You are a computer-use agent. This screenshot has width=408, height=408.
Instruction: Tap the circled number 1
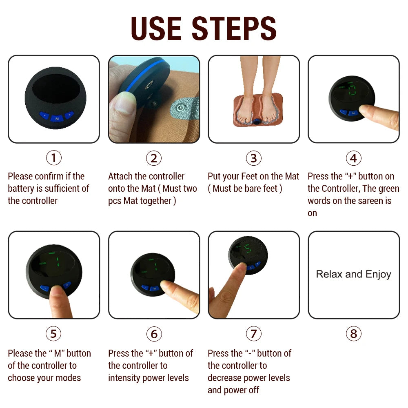(x=53, y=158)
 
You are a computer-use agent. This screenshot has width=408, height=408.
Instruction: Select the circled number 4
(x=353, y=158)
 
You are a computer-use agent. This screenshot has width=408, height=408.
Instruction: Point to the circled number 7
(x=253, y=334)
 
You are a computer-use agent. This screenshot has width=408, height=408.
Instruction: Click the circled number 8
(x=353, y=334)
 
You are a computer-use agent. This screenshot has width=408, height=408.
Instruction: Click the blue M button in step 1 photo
(x=57, y=118)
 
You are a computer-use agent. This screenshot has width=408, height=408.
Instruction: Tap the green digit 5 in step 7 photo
(x=247, y=249)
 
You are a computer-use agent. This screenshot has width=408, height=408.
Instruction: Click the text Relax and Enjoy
(x=353, y=274)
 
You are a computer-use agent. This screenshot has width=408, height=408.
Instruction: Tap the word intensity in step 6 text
(x=124, y=378)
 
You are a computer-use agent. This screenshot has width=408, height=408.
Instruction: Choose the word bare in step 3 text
(x=251, y=188)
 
